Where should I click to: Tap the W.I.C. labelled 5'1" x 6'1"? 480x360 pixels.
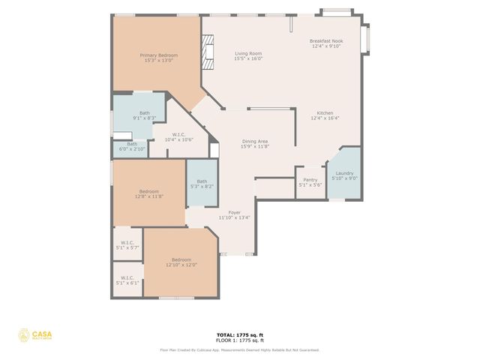click(127, 280)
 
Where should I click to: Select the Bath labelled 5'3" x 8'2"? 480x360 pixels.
click(202, 184)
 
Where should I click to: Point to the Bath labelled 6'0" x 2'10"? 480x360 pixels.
click(132, 146)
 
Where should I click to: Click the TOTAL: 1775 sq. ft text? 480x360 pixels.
click(239, 334)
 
